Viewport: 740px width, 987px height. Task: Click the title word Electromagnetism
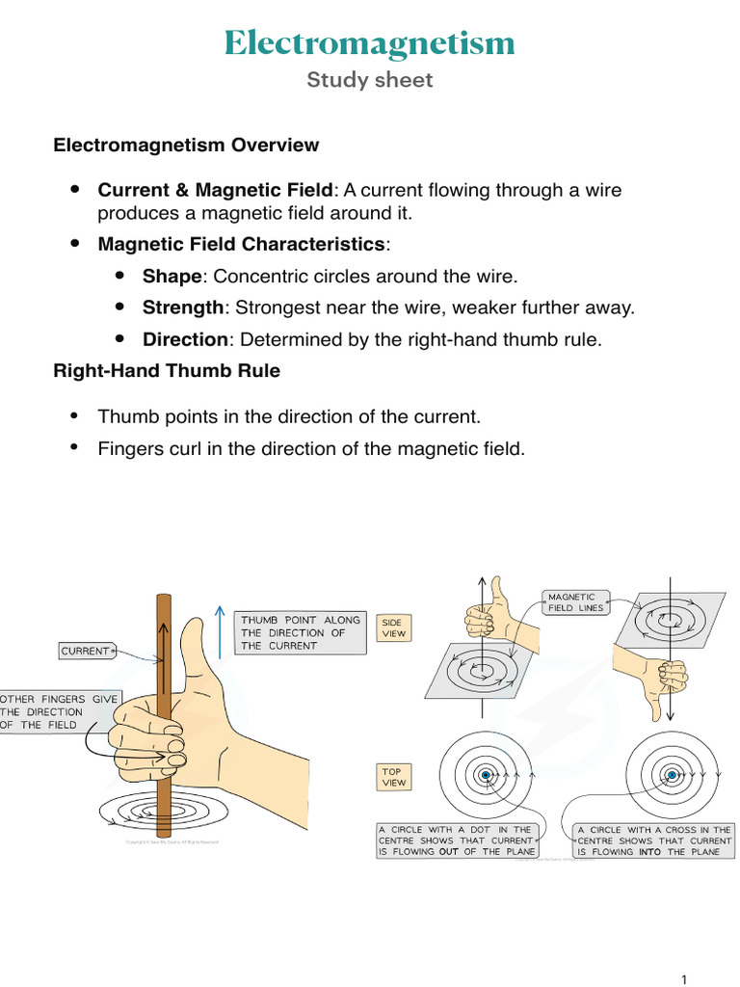(369, 43)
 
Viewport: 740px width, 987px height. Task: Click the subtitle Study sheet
(369, 80)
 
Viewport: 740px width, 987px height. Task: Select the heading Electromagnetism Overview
(186, 146)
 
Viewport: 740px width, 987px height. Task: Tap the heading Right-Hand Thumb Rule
(167, 371)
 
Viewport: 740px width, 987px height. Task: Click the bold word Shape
(172, 277)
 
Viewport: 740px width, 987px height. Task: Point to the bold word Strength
(182, 308)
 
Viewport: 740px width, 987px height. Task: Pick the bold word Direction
(185, 340)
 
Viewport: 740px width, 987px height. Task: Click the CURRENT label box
(86, 652)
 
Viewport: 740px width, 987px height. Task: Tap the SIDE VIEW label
(394, 627)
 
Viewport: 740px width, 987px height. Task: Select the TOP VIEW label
(393, 778)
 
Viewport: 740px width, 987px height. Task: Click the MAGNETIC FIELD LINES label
(575, 602)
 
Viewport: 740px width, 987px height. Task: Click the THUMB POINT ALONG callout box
(301, 632)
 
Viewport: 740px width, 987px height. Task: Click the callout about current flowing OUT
(456, 840)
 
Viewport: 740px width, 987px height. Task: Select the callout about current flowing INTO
(653, 840)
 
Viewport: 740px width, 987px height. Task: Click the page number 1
(684, 979)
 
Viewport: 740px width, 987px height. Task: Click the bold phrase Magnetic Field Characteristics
(241, 245)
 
